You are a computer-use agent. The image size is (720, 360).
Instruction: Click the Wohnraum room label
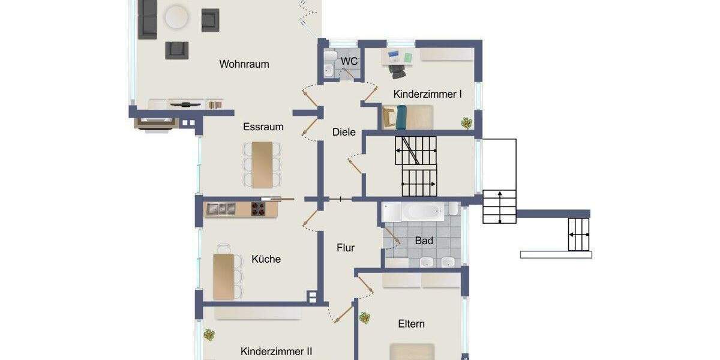coord(244,64)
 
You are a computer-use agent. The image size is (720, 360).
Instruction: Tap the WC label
coord(349,61)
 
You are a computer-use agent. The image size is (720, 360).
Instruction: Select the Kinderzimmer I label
coord(427,94)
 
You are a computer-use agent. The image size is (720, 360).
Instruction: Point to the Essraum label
coord(263,127)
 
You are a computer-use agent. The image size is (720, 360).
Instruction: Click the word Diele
coord(344,132)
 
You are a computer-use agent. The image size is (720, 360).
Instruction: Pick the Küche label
coord(266,259)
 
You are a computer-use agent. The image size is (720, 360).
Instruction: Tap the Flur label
coord(346,247)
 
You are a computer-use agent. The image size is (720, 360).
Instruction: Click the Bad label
coord(424,241)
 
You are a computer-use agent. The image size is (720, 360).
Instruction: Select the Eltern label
coord(411,324)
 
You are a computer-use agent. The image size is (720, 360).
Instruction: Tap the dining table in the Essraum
coord(262,164)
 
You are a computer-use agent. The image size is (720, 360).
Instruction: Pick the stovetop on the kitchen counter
coord(257,208)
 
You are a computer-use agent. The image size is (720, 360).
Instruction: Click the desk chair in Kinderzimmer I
coord(397,70)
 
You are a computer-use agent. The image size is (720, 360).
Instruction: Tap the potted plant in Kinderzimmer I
coord(466,123)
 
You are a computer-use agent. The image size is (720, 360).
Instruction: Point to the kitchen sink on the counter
coord(221,208)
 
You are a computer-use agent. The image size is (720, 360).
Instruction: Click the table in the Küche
coord(223,276)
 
